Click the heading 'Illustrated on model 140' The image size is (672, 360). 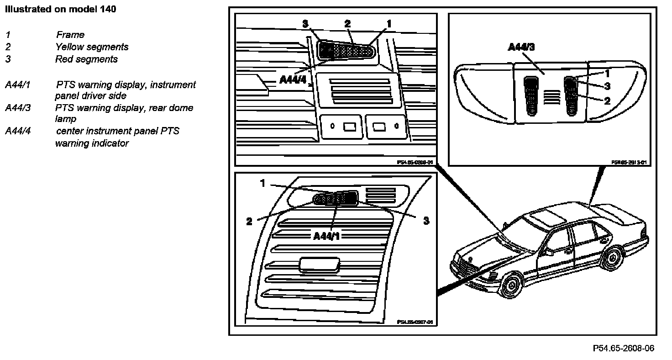pyautogui.click(x=60, y=10)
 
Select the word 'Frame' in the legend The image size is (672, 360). pyautogui.click(x=70, y=35)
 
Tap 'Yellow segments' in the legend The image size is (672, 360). pyautogui.click(x=92, y=47)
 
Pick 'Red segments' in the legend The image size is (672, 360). pyautogui.click(x=86, y=59)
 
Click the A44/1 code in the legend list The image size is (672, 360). pyautogui.click(x=18, y=85)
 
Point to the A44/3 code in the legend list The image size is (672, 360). pyautogui.click(x=18, y=108)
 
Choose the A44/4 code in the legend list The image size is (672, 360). pyautogui.click(x=18, y=131)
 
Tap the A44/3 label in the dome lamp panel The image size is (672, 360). pyautogui.click(x=520, y=47)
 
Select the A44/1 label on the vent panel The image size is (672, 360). pyautogui.click(x=327, y=236)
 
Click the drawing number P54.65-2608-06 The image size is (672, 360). pyautogui.click(x=623, y=348)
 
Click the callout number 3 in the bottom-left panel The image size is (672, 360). pyautogui.click(x=426, y=221)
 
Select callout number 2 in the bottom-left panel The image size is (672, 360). pyautogui.click(x=249, y=222)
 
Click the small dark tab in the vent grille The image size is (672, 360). pyautogui.click(x=320, y=264)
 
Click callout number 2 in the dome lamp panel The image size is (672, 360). pyautogui.click(x=607, y=101)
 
